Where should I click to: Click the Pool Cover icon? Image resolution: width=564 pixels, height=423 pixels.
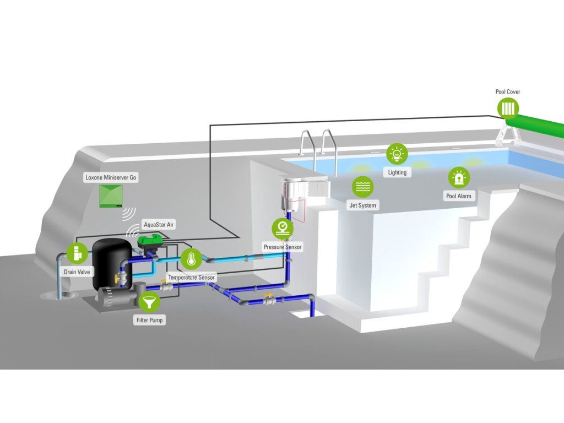coord(508,107)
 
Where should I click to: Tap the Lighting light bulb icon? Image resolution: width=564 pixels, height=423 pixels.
coord(397,154)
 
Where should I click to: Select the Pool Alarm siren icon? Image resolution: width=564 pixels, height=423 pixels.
coord(458,178)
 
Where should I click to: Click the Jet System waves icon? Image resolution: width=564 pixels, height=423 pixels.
coord(362,187)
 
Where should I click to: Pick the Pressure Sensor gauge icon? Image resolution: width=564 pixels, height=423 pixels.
coord(283,228)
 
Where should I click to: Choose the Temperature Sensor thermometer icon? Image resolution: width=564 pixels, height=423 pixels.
coord(191,258)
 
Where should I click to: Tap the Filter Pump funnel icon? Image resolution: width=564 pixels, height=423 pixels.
coord(149,301)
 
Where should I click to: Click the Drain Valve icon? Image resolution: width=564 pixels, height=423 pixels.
coord(77,253)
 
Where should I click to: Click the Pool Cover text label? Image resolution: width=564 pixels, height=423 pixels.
coord(508,92)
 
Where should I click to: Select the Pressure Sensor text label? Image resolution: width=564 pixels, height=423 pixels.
coord(283,247)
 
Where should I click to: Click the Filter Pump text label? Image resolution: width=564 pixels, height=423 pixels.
coord(149,320)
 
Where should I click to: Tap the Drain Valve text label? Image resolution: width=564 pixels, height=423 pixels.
coord(77,272)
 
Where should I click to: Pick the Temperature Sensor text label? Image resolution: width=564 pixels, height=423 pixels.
coord(191,278)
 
